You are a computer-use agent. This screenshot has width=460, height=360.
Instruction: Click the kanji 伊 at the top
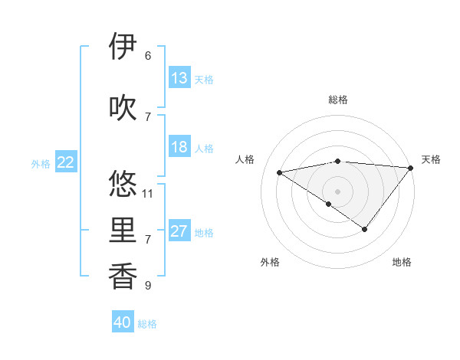(123, 47)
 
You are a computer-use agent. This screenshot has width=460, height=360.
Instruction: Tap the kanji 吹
(123, 106)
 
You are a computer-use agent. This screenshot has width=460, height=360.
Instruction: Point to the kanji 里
(123, 231)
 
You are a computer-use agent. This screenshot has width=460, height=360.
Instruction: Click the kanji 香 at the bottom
(123, 277)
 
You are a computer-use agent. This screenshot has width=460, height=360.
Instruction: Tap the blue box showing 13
(179, 78)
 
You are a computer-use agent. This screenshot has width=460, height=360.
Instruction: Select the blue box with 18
(179, 147)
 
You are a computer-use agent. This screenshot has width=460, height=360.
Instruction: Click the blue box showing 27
(179, 231)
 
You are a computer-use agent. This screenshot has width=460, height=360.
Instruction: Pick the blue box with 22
(66, 162)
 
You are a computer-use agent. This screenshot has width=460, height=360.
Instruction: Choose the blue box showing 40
(123, 322)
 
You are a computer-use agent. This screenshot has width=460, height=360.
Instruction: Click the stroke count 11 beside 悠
(148, 193)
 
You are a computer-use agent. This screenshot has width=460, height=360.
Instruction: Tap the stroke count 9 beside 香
(148, 286)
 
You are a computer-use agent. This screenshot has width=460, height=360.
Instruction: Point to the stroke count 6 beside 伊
(148, 56)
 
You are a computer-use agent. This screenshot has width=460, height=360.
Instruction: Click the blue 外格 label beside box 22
(40, 163)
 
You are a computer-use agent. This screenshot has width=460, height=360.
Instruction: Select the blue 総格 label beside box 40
(147, 324)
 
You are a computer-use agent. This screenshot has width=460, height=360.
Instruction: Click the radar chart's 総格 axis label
(337, 100)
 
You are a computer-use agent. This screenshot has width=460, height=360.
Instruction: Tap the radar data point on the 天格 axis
(410, 168)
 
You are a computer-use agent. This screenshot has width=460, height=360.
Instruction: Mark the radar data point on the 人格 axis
(279, 172)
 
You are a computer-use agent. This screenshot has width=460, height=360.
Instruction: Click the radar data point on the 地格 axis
(365, 229)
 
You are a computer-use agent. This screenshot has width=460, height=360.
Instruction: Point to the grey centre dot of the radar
(337, 191)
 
